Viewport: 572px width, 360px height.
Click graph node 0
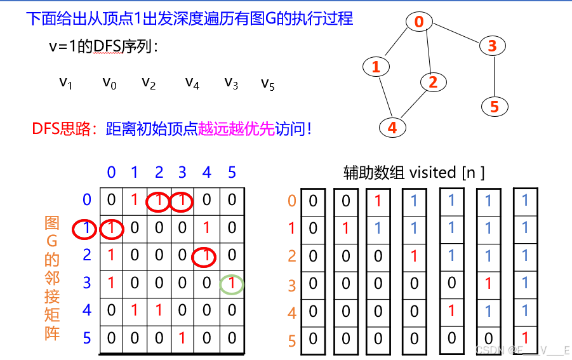pyautogui.click(x=419, y=22)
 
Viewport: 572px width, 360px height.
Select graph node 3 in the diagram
pyautogui.click(x=493, y=46)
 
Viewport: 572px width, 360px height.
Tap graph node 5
pyautogui.click(x=495, y=107)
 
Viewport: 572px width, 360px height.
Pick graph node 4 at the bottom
pyautogui.click(x=392, y=127)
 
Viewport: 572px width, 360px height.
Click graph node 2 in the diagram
pyautogui.click(x=433, y=82)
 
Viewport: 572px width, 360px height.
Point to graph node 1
pyautogui.click(x=376, y=66)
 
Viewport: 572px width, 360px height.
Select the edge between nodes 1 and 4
pyautogui.click(x=383, y=97)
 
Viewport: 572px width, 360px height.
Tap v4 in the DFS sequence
pyautogui.click(x=192, y=83)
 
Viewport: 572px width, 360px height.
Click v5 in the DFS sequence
pyautogui.click(x=268, y=84)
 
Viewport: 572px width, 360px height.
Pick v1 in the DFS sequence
pyautogui.click(x=66, y=83)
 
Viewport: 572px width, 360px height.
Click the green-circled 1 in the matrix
pyautogui.click(x=232, y=284)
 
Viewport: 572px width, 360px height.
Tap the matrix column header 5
pyautogui.click(x=232, y=172)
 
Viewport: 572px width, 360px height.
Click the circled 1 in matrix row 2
pyautogui.click(x=206, y=256)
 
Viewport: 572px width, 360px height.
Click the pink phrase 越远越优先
pyautogui.click(x=237, y=129)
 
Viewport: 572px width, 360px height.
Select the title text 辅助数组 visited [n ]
pyautogui.click(x=414, y=172)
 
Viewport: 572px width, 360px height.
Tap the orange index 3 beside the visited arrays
pyautogui.click(x=292, y=285)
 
